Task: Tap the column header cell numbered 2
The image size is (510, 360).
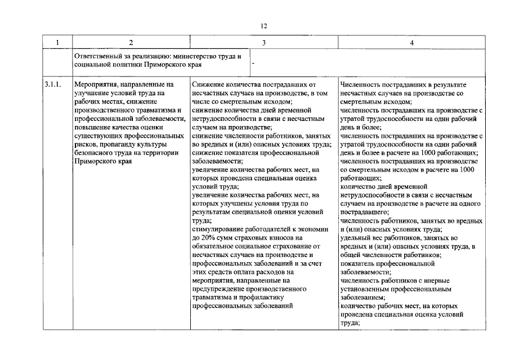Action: click(131, 43)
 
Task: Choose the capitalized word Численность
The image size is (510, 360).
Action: click(359, 84)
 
